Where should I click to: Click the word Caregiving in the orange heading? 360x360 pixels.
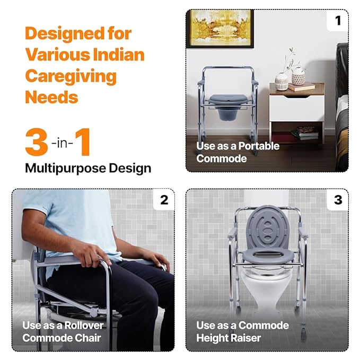(71, 77)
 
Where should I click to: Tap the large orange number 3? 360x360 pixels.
(37, 142)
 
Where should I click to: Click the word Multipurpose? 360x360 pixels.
(65, 168)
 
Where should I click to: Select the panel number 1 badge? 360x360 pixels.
(338, 21)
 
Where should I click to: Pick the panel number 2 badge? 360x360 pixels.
(164, 200)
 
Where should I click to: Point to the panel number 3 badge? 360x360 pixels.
(338, 200)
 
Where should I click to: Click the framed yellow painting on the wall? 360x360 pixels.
(221, 29)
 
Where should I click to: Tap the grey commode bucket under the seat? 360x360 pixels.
(228, 114)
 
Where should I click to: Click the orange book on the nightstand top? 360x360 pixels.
(302, 87)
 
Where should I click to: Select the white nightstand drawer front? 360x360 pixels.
(297, 108)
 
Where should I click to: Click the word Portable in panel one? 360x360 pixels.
(259, 146)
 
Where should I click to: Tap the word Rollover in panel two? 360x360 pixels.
(84, 326)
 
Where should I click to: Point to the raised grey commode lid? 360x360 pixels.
(267, 227)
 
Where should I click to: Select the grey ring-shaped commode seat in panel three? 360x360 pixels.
(268, 257)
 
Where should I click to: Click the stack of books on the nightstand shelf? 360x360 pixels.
(305, 133)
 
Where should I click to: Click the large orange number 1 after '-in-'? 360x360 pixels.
(83, 142)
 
